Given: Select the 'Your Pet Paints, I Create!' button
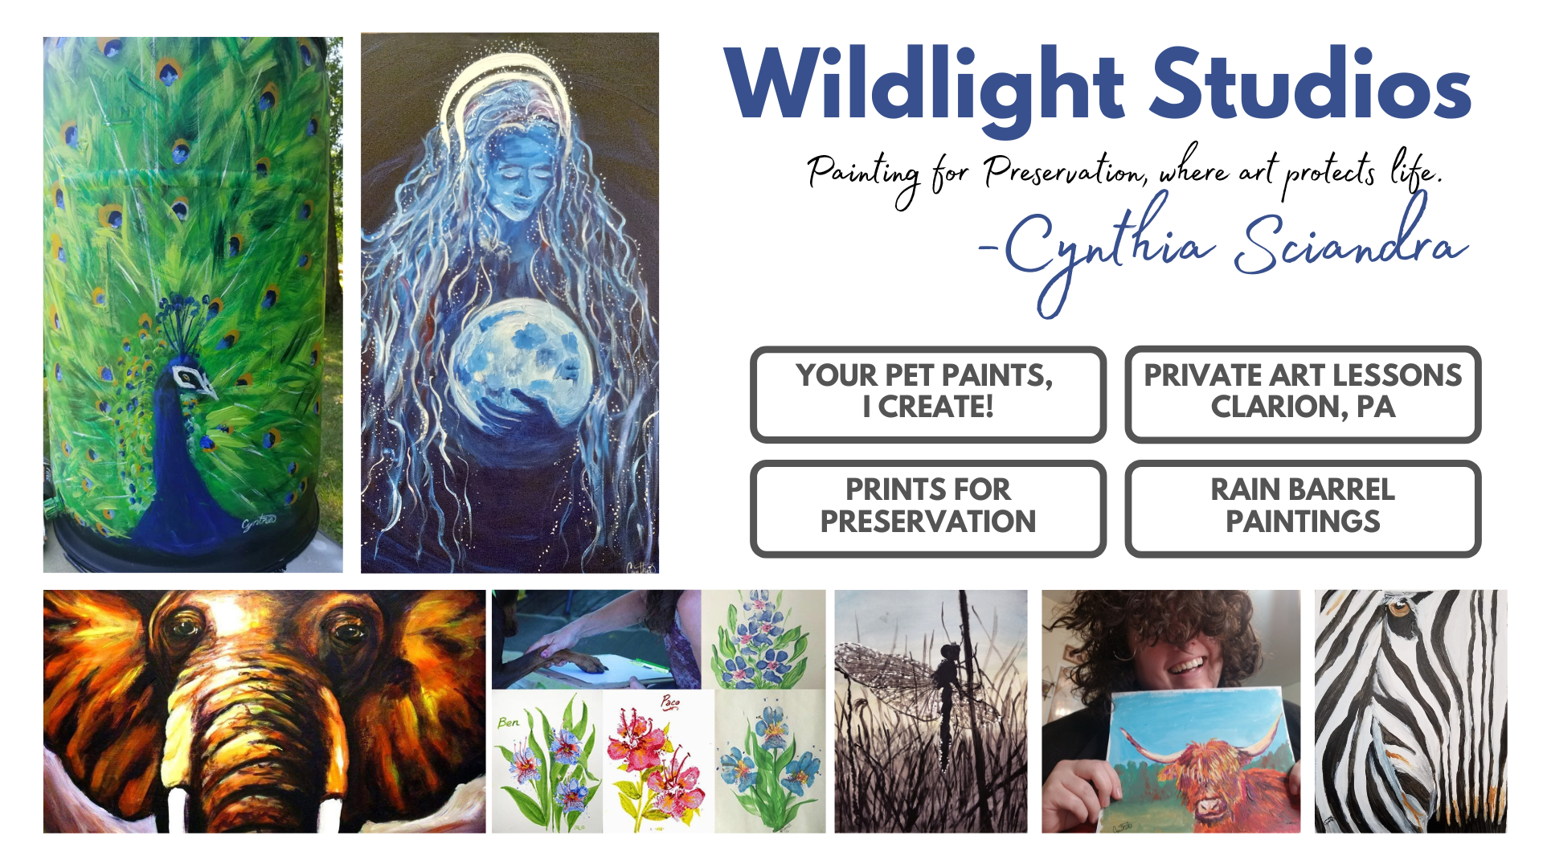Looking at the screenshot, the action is (x=928, y=394).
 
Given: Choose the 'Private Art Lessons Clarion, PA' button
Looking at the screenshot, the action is (x=1303, y=394).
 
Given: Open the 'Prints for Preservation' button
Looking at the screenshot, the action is (x=928, y=508).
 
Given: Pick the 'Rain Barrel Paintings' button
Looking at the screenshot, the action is (x=1303, y=508).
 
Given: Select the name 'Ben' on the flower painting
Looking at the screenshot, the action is (x=508, y=723).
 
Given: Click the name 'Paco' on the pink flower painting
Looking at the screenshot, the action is (x=670, y=702).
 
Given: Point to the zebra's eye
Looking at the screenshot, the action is (x=1399, y=608).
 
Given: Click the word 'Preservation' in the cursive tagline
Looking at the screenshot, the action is (x=1066, y=171).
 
